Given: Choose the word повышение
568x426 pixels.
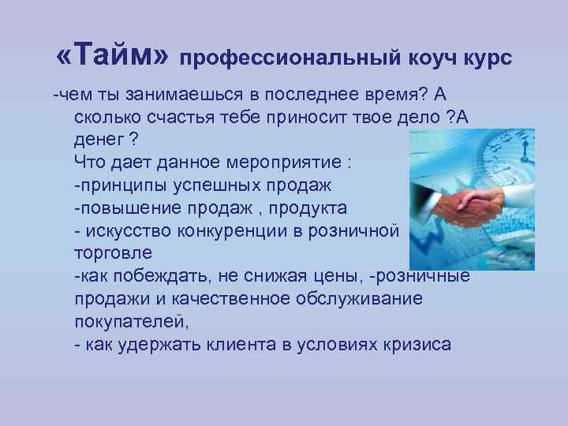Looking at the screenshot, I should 125,208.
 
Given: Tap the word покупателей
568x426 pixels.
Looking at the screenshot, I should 130,322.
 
